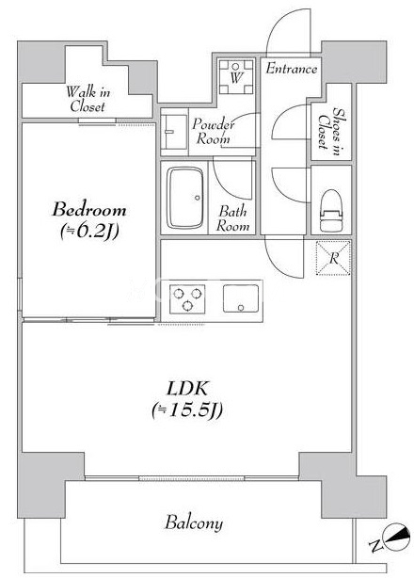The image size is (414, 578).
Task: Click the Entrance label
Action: [292, 69]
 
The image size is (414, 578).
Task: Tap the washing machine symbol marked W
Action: [236, 76]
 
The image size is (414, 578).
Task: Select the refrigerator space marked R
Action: [333, 258]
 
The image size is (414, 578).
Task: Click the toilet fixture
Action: [331, 210]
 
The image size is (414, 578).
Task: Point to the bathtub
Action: [185, 198]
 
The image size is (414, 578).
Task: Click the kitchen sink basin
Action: [241, 298]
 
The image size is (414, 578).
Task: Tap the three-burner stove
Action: [187, 299]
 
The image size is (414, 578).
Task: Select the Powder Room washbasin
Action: [175, 132]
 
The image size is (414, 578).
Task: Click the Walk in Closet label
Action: [88, 99]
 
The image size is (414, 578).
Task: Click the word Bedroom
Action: [89, 210]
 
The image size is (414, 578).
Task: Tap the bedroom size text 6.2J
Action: [89, 232]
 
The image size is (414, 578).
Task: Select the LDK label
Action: [187, 389]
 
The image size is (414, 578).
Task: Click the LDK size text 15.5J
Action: [187, 410]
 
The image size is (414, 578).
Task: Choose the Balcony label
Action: [194, 522]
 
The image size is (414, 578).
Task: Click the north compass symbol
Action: [396, 538]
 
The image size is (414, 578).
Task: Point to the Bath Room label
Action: [232, 218]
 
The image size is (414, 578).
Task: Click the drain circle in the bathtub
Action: [198, 198]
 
